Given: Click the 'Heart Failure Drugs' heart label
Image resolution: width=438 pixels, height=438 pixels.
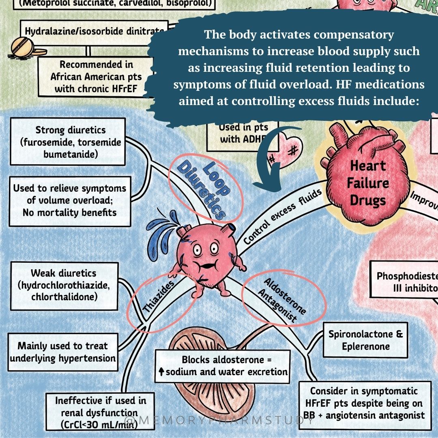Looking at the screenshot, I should [x=368, y=182].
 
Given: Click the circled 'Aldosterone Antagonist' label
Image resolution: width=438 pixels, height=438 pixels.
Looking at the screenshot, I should [x=284, y=300].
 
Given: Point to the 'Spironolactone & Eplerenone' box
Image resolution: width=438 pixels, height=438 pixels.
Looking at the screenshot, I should [x=365, y=340].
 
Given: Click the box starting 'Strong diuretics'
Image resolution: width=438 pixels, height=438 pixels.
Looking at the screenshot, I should [x=67, y=142].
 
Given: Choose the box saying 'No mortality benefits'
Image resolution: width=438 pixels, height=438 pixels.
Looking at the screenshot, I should [x=69, y=200].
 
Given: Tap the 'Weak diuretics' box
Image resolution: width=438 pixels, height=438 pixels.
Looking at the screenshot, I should [x=64, y=286].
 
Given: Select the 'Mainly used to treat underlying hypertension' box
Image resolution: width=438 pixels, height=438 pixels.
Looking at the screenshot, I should [x=63, y=352].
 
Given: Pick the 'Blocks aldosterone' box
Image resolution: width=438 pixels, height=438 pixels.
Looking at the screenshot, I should [x=222, y=366].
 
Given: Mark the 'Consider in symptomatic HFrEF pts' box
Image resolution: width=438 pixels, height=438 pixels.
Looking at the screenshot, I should [x=364, y=403].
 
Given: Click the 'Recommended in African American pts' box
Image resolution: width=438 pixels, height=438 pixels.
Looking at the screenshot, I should [x=96, y=77].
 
